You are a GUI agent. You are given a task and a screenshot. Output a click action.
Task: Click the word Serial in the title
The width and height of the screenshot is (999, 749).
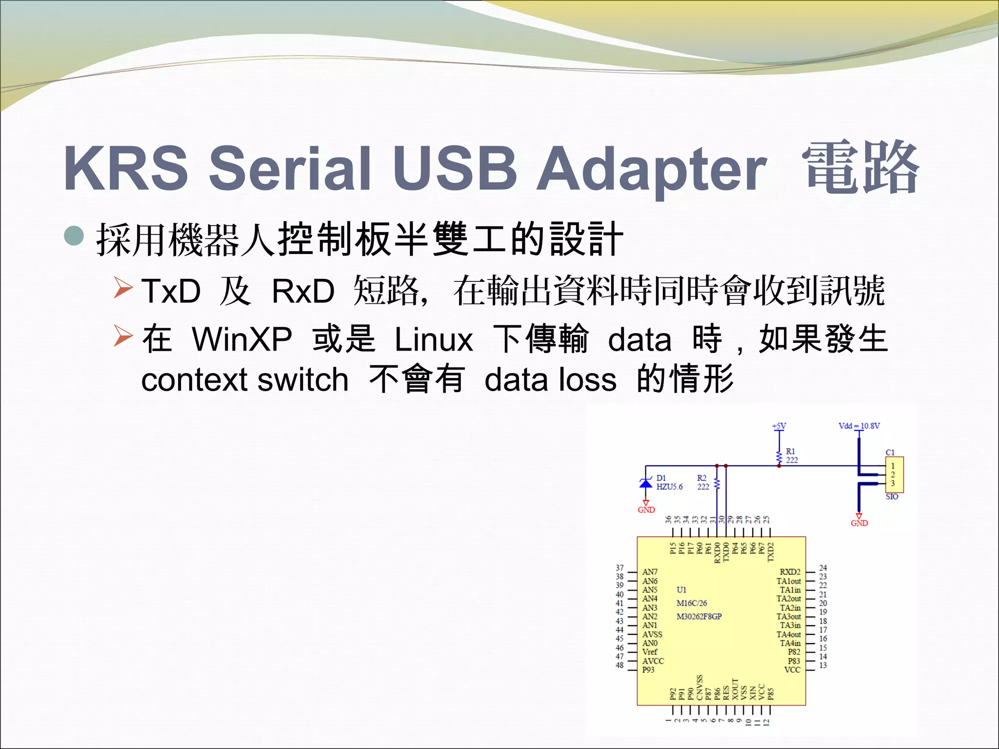[x=290, y=168]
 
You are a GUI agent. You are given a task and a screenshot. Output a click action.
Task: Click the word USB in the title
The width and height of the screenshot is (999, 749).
[x=455, y=168]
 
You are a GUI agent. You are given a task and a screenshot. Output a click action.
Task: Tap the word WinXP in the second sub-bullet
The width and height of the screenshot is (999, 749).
[x=242, y=339]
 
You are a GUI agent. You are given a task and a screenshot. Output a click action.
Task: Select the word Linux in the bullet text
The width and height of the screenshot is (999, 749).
[x=433, y=339]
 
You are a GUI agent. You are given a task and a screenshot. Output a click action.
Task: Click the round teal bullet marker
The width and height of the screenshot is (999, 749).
[x=74, y=237]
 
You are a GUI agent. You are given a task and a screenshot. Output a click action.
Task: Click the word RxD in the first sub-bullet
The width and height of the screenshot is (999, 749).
[x=303, y=291]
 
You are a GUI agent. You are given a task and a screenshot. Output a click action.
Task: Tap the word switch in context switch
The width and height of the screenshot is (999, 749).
[x=303, y=380]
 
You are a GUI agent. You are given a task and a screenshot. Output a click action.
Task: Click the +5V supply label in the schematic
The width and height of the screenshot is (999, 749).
[x=779, y=426]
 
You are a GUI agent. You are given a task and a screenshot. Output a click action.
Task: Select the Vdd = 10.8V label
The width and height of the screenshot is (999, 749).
[x=859, y=426]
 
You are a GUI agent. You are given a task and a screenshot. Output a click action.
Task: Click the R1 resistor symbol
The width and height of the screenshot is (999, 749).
[x=779, y=457]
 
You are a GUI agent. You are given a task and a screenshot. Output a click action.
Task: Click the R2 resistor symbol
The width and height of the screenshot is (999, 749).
[x=717, y=484]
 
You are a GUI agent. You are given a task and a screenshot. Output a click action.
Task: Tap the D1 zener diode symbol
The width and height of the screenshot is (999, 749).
[x=646, y=483]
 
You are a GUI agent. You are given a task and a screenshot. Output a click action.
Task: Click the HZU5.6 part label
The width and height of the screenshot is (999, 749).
[x=669, y=487]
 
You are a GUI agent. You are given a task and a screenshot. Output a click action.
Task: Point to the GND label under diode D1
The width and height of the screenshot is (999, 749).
[x=646, y=510]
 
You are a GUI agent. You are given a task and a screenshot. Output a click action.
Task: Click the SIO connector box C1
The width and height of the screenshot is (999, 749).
[x=894, y=474]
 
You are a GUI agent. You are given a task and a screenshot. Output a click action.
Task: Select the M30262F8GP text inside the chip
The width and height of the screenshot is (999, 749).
[x=699, y=616]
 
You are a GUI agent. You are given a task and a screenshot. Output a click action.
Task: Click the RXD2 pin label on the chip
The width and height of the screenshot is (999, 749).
[x=790, y=572]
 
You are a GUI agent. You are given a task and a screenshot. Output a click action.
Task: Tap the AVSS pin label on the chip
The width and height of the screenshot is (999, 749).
[x=652, y=634]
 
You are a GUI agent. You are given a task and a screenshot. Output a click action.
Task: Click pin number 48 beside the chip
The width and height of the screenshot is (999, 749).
[x=619, y=665]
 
